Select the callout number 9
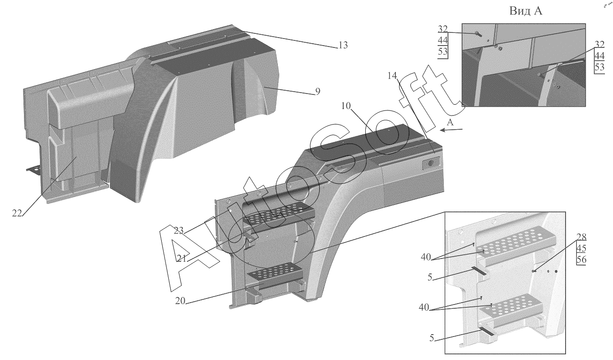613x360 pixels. [x=317, y=92]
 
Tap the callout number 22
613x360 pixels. [x=17, y=213]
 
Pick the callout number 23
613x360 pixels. [x=178, y=230]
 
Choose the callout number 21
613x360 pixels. [x=183, y=258]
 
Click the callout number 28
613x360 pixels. [x=581, y=237]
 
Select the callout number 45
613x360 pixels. [x=581, y=248]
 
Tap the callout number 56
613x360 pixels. [x=581, y=260]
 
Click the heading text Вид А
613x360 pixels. [x=526, y=11]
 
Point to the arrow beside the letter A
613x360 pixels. [x=450, y=131]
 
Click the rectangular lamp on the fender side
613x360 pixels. [x=430, y=163]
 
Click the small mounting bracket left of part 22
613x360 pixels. [x=32, y=170]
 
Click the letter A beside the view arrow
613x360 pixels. [x=450, y=122]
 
